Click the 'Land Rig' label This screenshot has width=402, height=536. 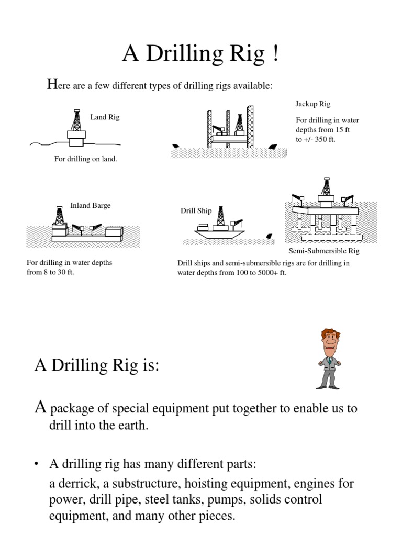tap(105, 117)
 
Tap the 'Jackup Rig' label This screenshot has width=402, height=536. tap(313, 104)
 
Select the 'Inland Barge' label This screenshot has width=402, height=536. tap(90, 206)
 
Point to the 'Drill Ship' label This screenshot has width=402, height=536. tap(196, 211)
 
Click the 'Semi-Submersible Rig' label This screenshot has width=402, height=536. tap(325, 251)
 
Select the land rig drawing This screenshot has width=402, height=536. tap(76, 129)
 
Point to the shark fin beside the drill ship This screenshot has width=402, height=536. tap(269, 237)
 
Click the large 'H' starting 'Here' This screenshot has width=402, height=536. tap(51, 83)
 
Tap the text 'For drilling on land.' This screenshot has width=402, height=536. tap(86, 159)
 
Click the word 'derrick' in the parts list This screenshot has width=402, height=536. tap(77, 483)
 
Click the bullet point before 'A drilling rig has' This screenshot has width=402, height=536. tap(38, 464)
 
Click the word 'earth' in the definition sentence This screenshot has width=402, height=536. tap(132, 426)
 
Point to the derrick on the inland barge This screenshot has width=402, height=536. tap(59, 216)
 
